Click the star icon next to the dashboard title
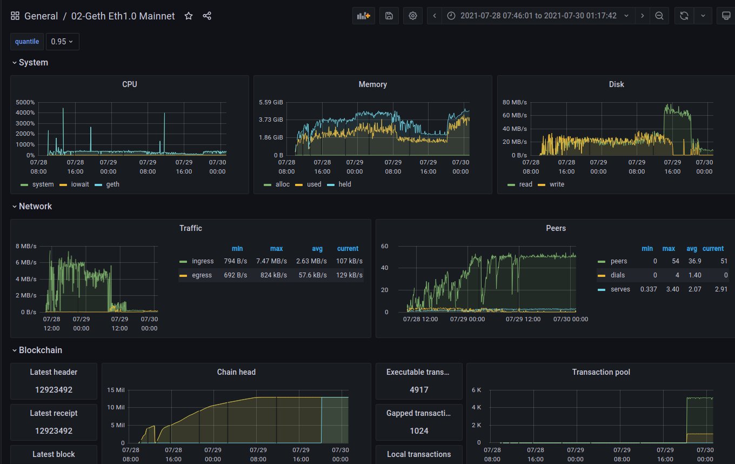click(189, 16)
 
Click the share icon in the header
click(207, 16)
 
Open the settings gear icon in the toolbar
click(413, 16)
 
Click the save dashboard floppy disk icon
click(389, 16)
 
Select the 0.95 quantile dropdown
click(63, 42)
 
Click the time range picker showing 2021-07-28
click(538, 16)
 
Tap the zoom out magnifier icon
click(659, 16)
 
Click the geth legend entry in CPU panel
click(112, 184)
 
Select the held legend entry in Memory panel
click(344, 184)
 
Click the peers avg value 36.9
click(692, 262)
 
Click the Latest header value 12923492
click(54, 389)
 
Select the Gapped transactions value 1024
click(419, 431)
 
